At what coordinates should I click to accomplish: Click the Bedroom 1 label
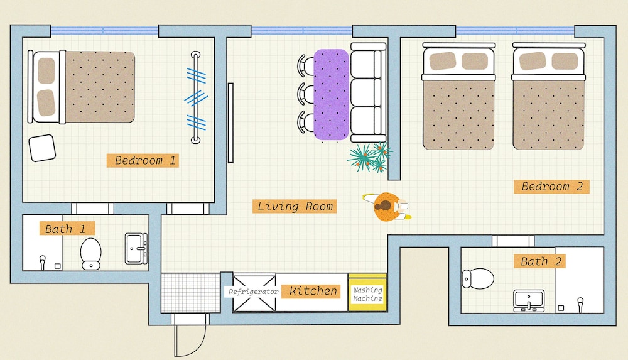click(143, 160)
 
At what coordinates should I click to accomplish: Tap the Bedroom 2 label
click(551, 187)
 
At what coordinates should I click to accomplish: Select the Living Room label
click(295, 207)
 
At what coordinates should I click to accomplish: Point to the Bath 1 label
click(67, 229)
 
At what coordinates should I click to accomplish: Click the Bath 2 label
click(539, 261)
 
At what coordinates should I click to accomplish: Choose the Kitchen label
click(311, 291)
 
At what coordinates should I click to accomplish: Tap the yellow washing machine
click(367, 293)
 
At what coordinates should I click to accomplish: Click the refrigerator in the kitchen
click(254, 293)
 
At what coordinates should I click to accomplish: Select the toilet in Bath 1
click(91, 253)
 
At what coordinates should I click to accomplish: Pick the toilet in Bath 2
click(478, 278)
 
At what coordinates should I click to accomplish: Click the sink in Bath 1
click(136, 249)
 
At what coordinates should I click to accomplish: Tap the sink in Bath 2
click(529, 301)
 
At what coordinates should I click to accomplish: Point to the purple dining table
click(331, 95)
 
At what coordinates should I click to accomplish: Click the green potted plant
click(369, 157)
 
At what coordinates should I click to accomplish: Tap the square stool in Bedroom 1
click(42, 148)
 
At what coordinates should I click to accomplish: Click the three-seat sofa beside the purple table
click(368, 92)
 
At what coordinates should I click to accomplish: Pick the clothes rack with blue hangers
click(195, 97)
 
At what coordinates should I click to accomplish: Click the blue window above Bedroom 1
click(104, 30)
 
